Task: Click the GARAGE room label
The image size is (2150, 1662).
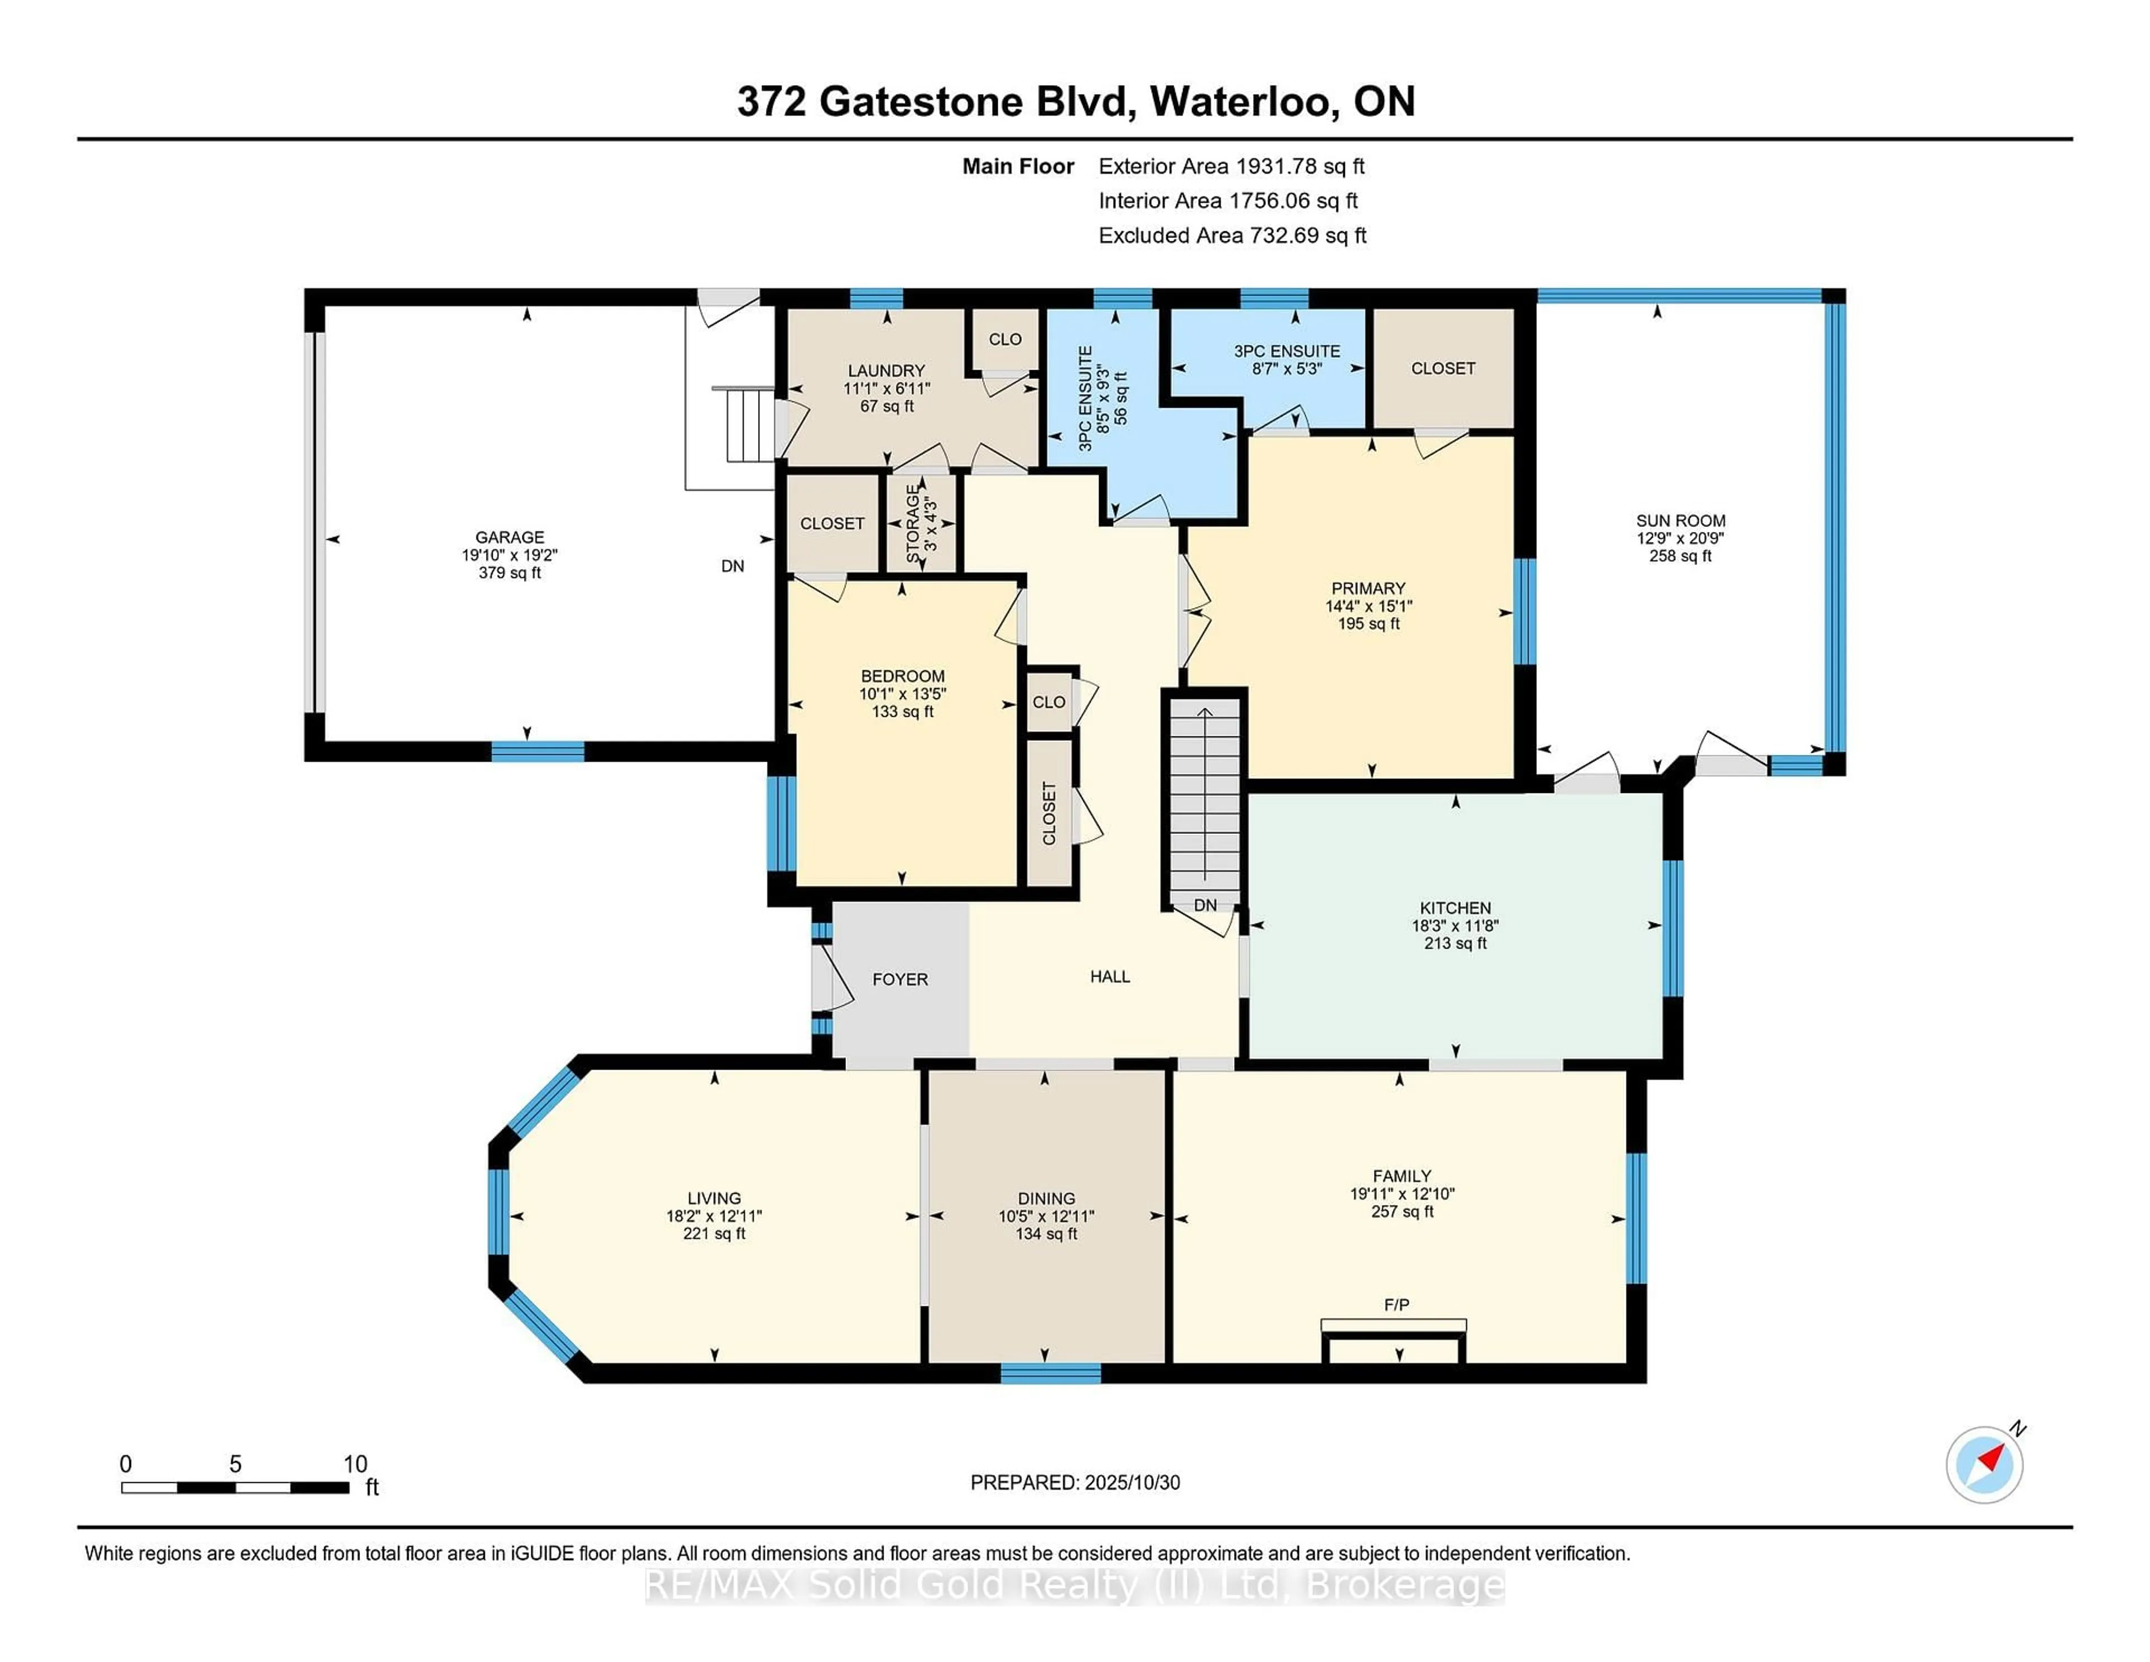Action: [509, 536]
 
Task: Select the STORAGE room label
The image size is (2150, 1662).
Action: [913, 527]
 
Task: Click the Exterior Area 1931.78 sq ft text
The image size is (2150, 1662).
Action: [1231, 166]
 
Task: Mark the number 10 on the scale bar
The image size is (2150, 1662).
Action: [356, 1464]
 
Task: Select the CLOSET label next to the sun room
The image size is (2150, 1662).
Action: [1442, 368]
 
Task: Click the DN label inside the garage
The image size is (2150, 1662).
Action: [732, 566]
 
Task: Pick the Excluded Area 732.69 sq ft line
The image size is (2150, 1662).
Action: [1232, 235]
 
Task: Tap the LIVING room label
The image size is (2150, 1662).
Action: [714, 1198]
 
